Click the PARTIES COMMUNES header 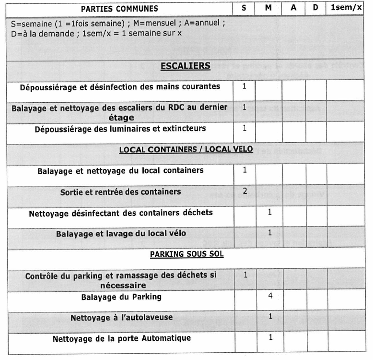(119, 9)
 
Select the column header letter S (244, 8)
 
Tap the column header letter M (268, 8)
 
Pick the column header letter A (293, 8)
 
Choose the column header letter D (315, 8)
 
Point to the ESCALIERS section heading (186, 66)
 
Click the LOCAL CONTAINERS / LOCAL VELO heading (186, 150)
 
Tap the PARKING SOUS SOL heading (186, 254)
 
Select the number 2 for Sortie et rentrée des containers (245, 191)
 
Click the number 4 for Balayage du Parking (270, 296)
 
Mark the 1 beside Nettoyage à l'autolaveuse (270, 317)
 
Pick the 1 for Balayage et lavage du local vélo (270, 233)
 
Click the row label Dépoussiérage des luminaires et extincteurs (120, 129)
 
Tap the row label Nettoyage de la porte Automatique (122, 338)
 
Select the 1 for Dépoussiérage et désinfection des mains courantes (245, 86)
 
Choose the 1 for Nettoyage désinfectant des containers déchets (270, 212)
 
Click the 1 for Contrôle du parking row (245, 275)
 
